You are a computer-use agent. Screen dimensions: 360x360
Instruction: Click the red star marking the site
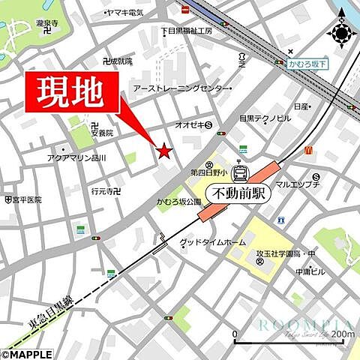tap(163, 151)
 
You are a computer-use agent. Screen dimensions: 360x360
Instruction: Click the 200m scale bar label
tap(341, 334)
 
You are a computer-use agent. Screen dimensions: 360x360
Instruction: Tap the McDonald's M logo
tap(307, 150)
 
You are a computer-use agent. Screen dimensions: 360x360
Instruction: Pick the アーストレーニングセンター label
tap(181, 88)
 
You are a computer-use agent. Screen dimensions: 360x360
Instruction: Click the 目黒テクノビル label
tap(265, 118)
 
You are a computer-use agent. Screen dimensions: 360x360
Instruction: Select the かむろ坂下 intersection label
tap(307, 65)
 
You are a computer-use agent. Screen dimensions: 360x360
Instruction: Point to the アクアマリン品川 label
tap(76, 159)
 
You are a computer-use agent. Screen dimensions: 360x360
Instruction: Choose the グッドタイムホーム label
tap(212, 243)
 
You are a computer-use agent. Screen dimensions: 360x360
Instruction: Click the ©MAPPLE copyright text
tap(27, 354)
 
